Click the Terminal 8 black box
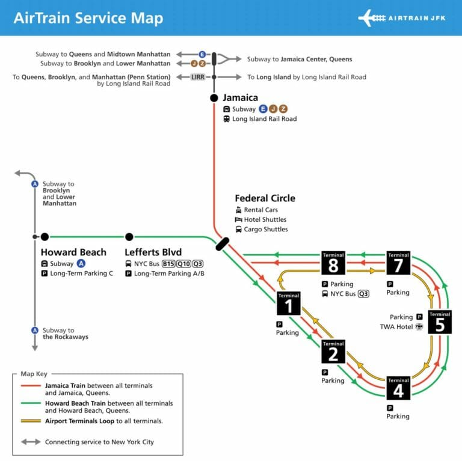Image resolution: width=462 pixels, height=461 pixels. pyautogui.click(x=333, y=263)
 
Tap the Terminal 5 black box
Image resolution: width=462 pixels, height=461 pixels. pyautogui.click(x=440, y=322)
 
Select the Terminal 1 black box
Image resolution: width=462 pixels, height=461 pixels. pyautogui.click(x=289, y=303)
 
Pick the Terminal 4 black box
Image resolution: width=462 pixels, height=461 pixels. pyautogui.click(x=398, y=388)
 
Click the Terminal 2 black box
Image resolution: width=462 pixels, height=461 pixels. pyautogui.click(x=333, y=352)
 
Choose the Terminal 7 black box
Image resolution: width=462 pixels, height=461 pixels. pyautogui.click(x=398, y=263)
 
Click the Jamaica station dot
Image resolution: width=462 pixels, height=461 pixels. pyautogui.click(x=214, y=98)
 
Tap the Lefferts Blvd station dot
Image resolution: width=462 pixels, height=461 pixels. pyautogui.click(x=129, y=237)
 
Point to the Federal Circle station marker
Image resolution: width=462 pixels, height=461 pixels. pyautogui.click(x=223, y=243)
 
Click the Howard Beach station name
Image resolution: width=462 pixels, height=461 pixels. pyautogui.click(x=73, y=252)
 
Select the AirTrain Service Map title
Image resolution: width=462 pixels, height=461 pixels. pyautogui.click(x=88, y=18)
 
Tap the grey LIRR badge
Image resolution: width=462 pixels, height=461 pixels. pyautogui.click(x=198, y=77)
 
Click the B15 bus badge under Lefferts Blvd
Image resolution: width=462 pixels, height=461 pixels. pyautogui.click(x=168, y=264)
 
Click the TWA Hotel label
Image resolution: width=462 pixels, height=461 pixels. pyautogui.click(x=396, y=327)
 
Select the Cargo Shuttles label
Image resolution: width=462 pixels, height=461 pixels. pyautogui.click(x=266, y=229)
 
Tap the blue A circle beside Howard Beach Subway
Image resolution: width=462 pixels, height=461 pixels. pyautogui.click(x=81, y=264)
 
